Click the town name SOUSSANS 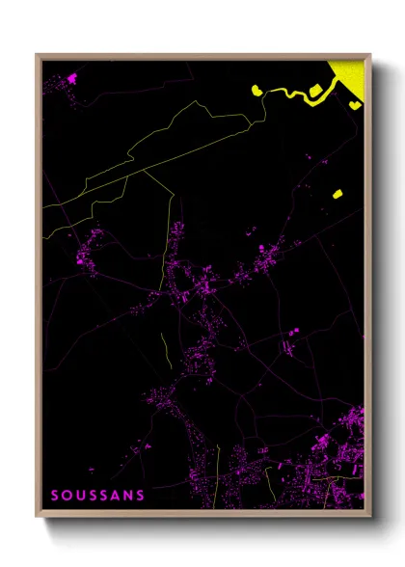click(x=98, y=496)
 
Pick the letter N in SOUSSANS click(x=132, y=496)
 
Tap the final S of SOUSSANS click(x=143, y=496)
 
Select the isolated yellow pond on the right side click(x=337, y=194)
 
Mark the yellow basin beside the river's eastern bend click(x=315, y=92)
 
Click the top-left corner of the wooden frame click(x=38, y=55)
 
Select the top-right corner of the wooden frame click(x=369, y=55)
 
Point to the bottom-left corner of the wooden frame click(x=38, y=514)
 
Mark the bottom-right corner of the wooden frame click(x=369, y=514)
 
